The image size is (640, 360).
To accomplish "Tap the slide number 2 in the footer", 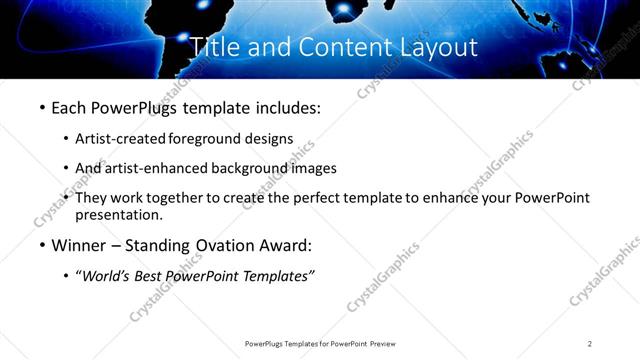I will pyautogui.click(x=590, y=344).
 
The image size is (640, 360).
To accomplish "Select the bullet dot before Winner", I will pyautogui.click(x=41, y=245).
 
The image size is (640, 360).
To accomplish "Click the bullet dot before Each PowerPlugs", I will pyautogui.click(x=41, y=106).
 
